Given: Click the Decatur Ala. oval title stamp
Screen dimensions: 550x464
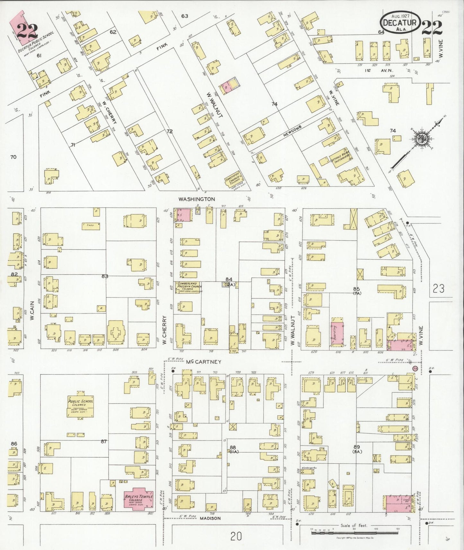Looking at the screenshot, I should pos(400,23).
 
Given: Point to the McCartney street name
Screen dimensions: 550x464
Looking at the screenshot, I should pos(208,362).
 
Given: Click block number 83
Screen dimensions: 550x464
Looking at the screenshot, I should pos(105,276).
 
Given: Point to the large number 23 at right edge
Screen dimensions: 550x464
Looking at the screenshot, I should pos(438,288).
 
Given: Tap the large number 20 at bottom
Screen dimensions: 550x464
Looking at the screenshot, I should pos(236,536).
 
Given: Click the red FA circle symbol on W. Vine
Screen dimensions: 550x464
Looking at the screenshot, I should pos(416,368).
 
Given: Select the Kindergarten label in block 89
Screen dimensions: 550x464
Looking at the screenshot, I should pos(309,468).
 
